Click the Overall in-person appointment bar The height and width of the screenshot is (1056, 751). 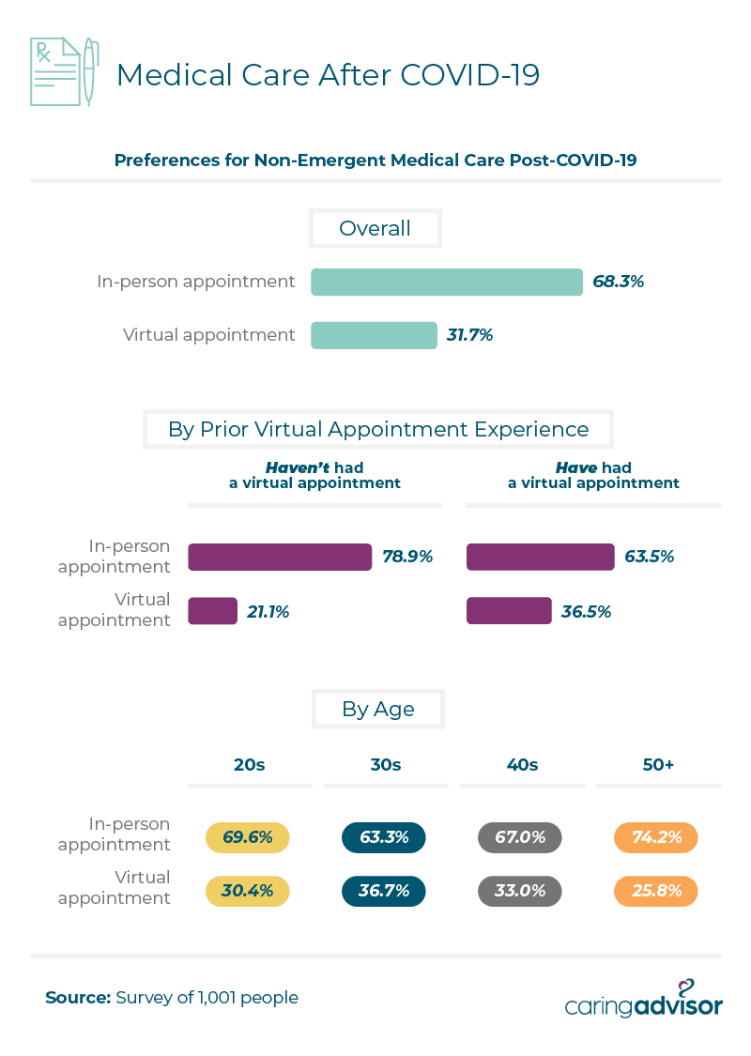point(447,282)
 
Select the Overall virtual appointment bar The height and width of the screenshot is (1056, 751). point(374,335)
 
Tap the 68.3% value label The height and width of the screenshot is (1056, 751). point(618,281)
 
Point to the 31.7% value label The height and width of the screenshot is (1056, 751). point(469,335)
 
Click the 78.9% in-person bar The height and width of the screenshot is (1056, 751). point(280,557)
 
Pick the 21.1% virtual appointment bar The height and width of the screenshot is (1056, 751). point(212,611)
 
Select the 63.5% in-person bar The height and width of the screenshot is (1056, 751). point(541,557)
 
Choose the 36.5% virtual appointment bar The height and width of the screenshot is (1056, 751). point(509,611)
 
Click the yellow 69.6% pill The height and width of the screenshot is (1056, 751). point(248,837)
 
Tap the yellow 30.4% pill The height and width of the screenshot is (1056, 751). point(248,891)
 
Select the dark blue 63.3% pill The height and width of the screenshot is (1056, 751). point(384,837)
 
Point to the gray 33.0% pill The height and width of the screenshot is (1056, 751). point(520,891)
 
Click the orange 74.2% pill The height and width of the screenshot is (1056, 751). point(656,837)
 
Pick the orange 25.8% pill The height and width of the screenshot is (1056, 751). point(656,891)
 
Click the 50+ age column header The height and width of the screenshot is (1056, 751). point(658,765)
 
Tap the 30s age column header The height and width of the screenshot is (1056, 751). point(385,765)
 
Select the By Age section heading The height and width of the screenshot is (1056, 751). point(377,710)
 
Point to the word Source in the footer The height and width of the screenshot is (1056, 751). point(77,998)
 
